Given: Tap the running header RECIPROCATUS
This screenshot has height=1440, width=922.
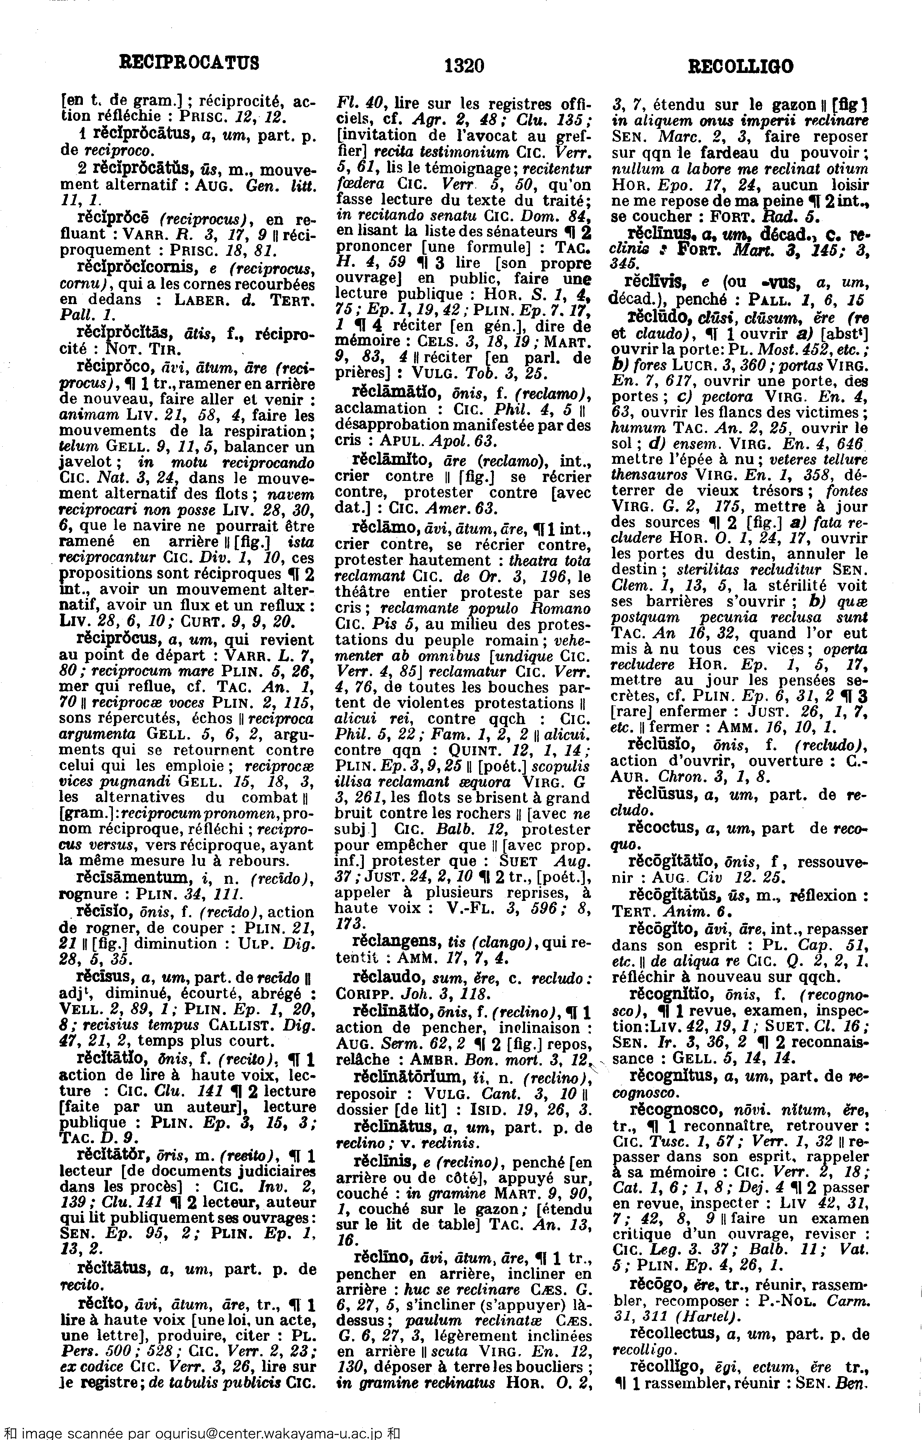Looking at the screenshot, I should [x=190, y=62].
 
